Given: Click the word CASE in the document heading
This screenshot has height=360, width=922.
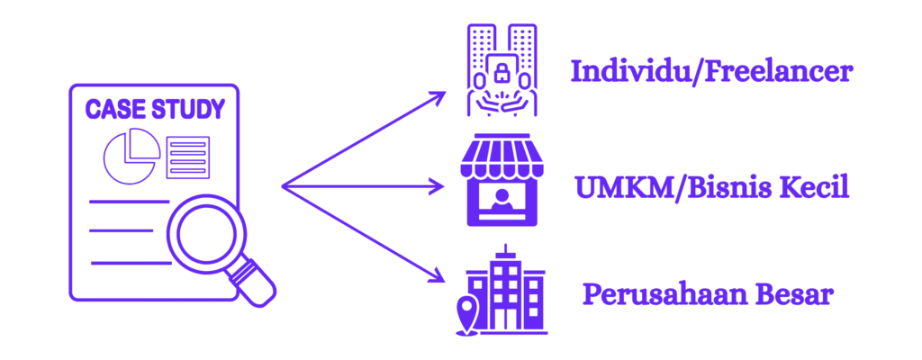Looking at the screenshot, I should pos(113,110).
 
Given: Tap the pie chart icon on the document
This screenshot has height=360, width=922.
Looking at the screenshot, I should pos(131,156).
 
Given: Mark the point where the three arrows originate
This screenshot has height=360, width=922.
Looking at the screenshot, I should pos(284,186).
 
